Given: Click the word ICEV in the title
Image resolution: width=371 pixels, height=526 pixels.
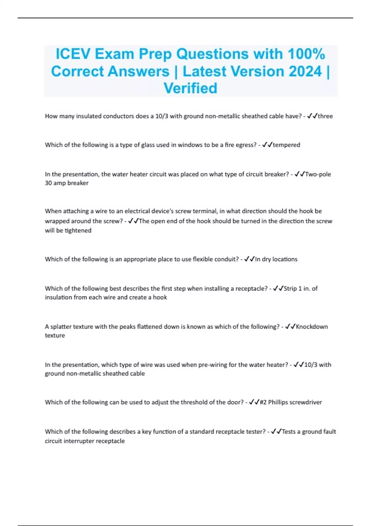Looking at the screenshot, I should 73,54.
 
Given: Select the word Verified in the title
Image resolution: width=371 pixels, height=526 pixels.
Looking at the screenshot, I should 190,88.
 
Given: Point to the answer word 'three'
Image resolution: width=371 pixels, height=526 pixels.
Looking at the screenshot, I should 325,116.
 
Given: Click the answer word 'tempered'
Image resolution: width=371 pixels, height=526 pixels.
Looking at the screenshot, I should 286,145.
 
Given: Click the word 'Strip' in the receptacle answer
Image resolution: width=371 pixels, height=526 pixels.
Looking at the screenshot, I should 290,288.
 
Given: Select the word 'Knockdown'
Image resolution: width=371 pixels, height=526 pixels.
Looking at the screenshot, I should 312,327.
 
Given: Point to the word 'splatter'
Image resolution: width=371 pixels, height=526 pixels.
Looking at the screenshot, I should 61,327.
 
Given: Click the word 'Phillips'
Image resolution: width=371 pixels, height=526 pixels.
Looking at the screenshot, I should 278,402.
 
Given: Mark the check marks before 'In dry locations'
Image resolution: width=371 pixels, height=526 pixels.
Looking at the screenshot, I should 249,259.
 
